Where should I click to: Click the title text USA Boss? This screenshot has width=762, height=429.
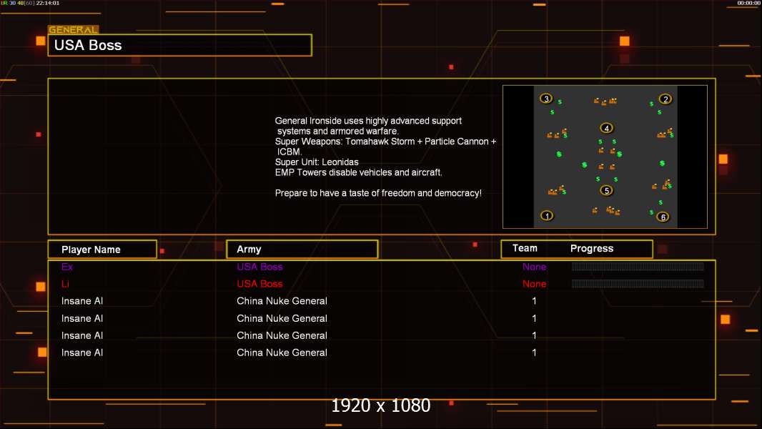click(x=88, y=45)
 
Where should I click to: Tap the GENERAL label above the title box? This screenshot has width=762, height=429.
click(x=73, y=29)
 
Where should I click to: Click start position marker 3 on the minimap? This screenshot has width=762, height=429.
click(x=546, y=99)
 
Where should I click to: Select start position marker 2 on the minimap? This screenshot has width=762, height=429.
click(x=665, y=99)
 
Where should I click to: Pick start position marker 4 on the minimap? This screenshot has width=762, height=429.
click(x=606, y=128)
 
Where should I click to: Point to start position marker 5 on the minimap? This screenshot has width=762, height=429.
click(x=606, y=190)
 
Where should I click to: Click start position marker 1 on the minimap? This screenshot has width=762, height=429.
click(x=547, y=215)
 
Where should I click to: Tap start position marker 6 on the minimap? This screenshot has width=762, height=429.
click(x=663, y=217)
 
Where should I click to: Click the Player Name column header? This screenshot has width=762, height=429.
click(x=91, y=250)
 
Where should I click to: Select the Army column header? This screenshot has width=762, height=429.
click(x=249, y=250)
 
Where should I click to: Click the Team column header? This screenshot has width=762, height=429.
click(x=525, y=248)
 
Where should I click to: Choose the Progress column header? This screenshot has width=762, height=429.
click(x=591, y=249)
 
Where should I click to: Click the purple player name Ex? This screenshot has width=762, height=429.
click(x=67, y=267)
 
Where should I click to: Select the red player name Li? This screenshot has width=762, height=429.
click(x=65, y=284)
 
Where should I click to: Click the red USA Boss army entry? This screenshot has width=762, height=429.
click(x=259, y=284)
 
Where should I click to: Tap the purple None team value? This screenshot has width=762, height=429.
click(x=534, y=267)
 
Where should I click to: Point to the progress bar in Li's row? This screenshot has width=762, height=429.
click(x=638, y=284)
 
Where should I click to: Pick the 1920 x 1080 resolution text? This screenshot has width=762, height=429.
click(x=380, y=405)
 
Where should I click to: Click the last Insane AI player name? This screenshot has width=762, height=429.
click(x=82, y=352)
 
